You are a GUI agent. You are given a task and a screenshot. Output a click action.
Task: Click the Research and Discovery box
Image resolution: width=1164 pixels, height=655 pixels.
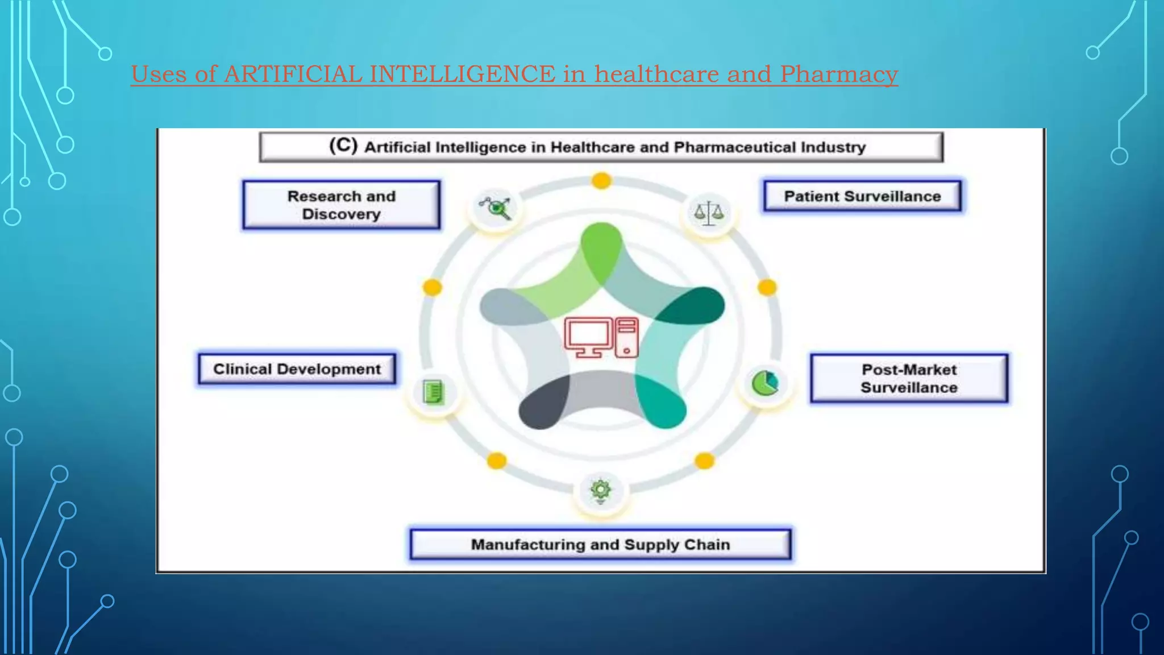point(341,205)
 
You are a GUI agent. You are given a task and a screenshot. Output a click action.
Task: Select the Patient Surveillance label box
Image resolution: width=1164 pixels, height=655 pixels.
point(862,196)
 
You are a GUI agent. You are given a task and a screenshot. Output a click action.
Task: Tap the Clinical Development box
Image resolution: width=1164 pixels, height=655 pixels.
point(297,369)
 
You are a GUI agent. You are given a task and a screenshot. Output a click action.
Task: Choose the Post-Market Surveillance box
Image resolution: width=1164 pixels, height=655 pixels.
point(909,378)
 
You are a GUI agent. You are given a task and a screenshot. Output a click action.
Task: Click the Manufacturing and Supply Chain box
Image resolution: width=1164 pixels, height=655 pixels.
point(600,545)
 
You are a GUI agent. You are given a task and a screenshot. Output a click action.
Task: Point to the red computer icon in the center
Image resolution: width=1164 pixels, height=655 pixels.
point(601,337)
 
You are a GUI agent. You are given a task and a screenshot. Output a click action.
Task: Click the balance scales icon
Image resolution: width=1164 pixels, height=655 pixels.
point(709,213)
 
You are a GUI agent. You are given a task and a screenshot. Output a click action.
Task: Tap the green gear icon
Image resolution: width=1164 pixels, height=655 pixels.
point(601,490)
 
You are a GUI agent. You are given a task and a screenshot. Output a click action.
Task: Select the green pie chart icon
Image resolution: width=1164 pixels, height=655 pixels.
point(765,383)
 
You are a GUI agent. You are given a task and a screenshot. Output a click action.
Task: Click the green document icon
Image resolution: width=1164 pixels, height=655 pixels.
point(434,392)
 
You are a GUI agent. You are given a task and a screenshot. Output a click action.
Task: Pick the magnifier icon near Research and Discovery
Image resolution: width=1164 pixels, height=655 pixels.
point(496,208)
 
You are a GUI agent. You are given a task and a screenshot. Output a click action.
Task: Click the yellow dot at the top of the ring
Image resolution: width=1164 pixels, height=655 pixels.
point(601,181)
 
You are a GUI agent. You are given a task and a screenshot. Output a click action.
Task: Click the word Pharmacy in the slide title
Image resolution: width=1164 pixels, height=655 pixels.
point(838,74)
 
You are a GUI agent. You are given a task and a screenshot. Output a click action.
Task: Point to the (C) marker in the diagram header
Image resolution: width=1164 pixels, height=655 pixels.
point(343,146)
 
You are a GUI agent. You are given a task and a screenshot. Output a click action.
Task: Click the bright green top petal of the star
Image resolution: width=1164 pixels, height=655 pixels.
point(601,244)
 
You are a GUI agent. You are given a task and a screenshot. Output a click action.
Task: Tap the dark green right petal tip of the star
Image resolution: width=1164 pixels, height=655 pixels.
point(702,304)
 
